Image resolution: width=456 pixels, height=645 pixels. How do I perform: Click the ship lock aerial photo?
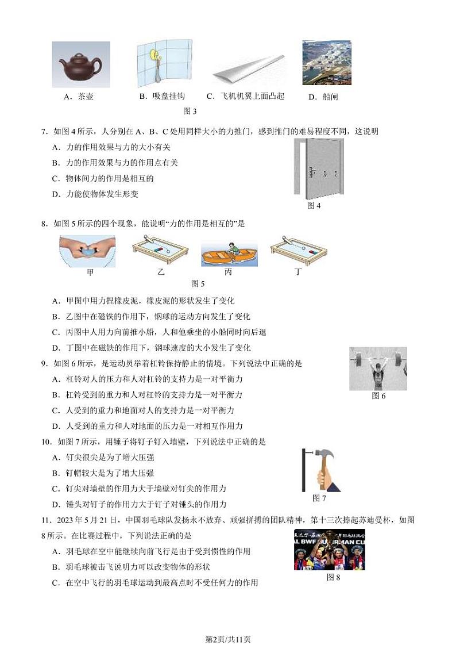[326, 63]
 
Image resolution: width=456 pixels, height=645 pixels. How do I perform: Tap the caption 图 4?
[314, 205]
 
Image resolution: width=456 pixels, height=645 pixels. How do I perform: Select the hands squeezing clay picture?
[88, 251]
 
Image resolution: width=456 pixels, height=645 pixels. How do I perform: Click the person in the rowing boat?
[231, 249]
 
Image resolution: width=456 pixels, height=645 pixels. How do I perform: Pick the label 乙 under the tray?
[161, 272]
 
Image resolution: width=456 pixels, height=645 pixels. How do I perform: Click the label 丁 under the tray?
[297, 272]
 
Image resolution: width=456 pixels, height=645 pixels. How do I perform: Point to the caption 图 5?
[198, 283]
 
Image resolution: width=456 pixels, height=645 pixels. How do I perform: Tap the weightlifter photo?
[378, 368]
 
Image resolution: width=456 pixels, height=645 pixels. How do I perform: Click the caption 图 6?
[378, 396]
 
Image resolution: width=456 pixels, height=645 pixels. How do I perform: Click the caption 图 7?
[319, 498]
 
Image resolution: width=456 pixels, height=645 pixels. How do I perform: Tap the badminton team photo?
[329, 550]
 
